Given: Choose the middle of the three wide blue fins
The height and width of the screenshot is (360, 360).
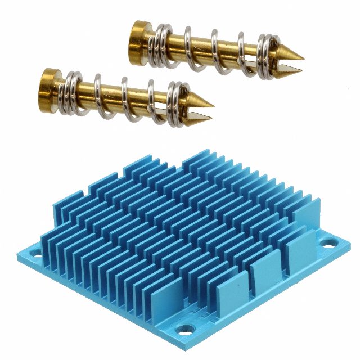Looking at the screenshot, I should pos(264,276).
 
